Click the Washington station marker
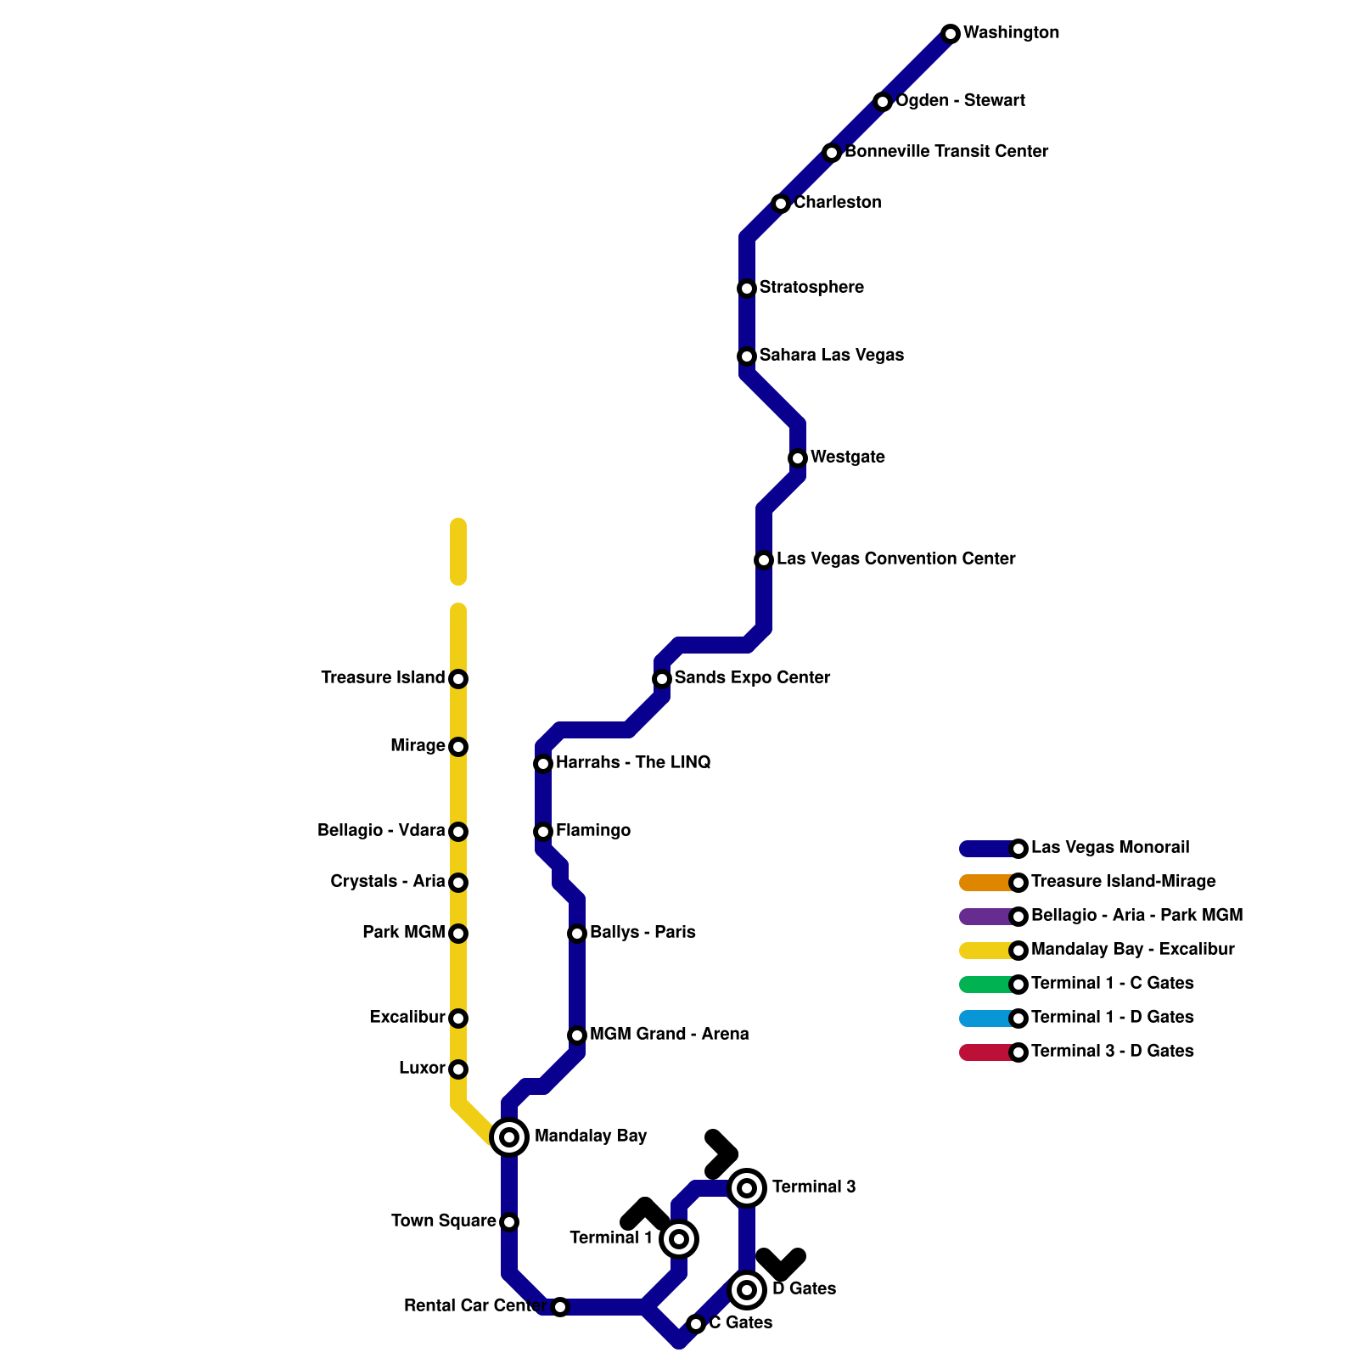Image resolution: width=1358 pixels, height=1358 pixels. click(x=951, y=34)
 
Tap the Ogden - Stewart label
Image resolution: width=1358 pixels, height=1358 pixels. click(x=960, y=101)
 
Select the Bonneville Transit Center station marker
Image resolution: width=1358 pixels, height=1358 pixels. click(x=832, y=153)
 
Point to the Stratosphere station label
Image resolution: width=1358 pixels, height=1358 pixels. click(x=811, y=288)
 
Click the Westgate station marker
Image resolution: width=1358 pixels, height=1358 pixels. click(x=798, y=458)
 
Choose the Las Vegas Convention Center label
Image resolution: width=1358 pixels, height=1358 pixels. click(x=895, y=559)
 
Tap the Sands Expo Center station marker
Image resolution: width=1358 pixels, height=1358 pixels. click(x=662, y=679)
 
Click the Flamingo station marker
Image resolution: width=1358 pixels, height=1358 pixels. click(x=543, y=832)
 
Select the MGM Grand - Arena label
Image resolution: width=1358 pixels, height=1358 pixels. click(x=669, y=1035)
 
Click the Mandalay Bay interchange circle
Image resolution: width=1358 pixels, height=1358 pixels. click(x=509, y=1137)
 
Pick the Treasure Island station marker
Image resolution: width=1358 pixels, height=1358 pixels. click(x=458, y=679)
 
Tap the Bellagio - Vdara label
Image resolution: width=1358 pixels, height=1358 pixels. click(x=381, y=831)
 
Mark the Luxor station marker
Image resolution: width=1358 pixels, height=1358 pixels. click(x=458, y=1069)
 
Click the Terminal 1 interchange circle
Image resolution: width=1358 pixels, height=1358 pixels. click(x=679, y=1239)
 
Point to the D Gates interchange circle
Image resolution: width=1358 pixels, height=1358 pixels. click(x=747, y=1290)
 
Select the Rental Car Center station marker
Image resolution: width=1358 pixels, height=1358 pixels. click(x=560, y=1307)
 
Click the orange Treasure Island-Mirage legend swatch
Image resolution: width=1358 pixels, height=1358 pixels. click(x=985, y=883)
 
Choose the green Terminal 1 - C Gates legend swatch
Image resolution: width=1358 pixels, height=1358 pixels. click(x=985, y=985)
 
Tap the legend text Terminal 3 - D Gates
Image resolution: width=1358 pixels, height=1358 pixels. click(x=1112, y=1052)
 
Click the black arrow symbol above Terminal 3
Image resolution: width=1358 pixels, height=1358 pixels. click(x=721, y=1155)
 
